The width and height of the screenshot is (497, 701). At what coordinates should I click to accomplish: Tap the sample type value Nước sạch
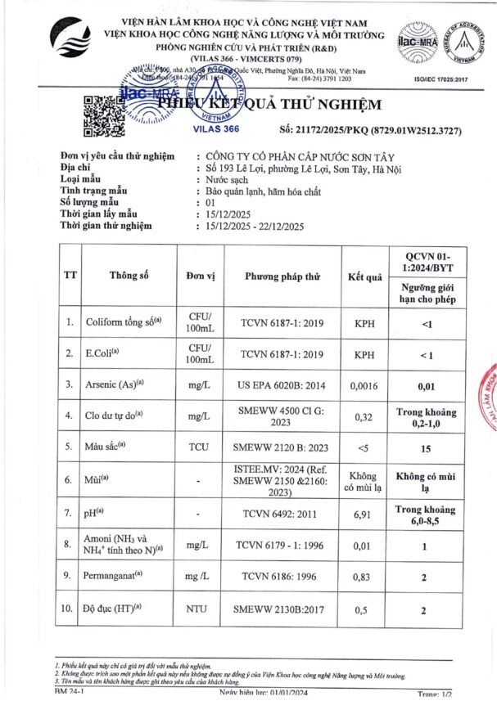point(227,180)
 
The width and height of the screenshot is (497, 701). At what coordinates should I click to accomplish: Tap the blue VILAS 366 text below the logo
point(215,129)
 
